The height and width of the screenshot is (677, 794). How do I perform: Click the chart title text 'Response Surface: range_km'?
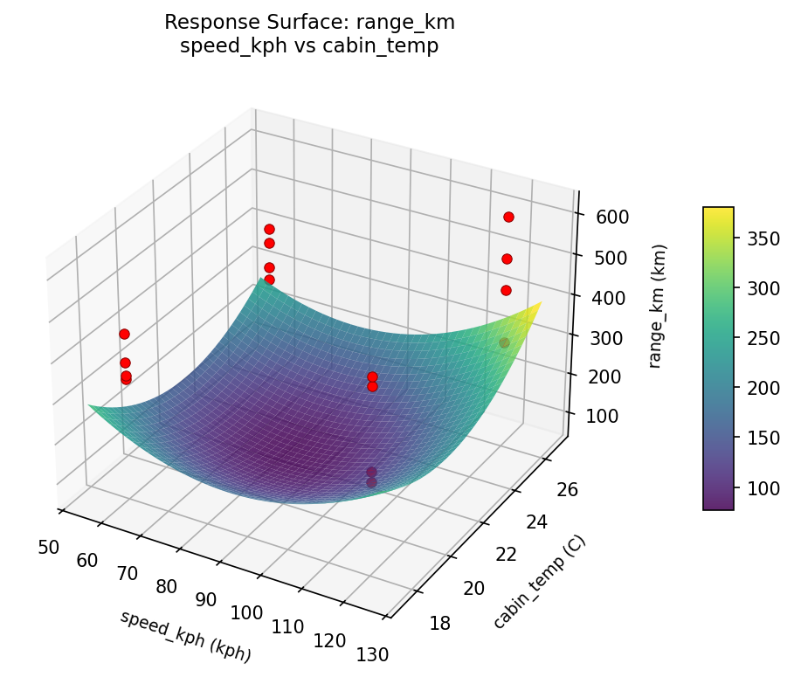(x=309, y=22)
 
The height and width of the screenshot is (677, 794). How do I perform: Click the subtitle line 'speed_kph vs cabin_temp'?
(x=309, y=46)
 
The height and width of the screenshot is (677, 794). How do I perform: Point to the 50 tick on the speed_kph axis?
(x=49, y=547)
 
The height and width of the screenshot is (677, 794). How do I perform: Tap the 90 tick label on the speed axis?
(x=206, y=599)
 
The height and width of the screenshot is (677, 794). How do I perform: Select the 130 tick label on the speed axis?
(x=371, y=653)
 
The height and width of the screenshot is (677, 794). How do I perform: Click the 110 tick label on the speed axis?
(x=287, y=626)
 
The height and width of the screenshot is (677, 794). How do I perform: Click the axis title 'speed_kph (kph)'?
(x=185, y=636)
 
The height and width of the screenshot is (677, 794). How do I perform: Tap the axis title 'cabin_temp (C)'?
(x=539, y=582)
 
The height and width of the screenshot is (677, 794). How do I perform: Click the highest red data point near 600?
(x=508, y=217)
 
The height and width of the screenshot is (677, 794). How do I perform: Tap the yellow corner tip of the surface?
(x=540, y=303)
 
